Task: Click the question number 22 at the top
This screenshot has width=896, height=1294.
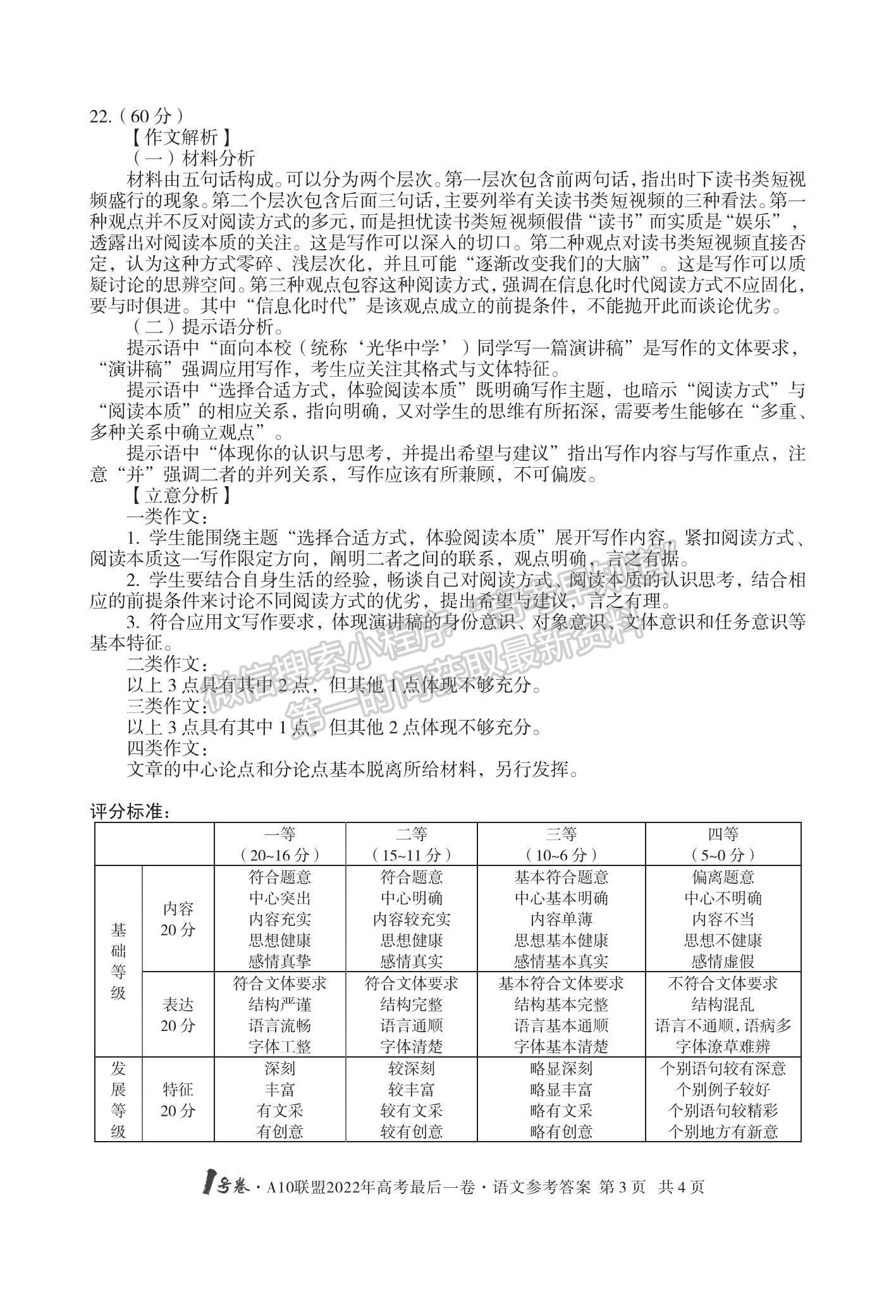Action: (100, 116)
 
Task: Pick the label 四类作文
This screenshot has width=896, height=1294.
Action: (166, 749)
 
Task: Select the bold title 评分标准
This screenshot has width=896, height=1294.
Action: (130, 812)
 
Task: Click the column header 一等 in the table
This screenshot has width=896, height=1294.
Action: (279, 834)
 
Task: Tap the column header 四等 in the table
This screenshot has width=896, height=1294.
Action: (723, 834)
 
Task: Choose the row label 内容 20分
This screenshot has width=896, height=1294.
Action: (178, 919)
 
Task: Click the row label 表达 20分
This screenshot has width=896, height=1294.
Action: (178, 1015)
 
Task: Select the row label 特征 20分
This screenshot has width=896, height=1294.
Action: (178, 1100)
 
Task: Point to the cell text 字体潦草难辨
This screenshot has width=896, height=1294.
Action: (723, 1046)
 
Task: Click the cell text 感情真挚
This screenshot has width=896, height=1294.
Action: (279, 961)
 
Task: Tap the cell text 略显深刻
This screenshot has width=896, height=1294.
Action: (561, 1068)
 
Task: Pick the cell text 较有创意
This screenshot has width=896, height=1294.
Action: (412, 1132)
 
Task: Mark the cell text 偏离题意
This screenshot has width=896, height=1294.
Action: (723, 877)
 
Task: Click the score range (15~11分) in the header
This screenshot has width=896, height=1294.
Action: (412, 855)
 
